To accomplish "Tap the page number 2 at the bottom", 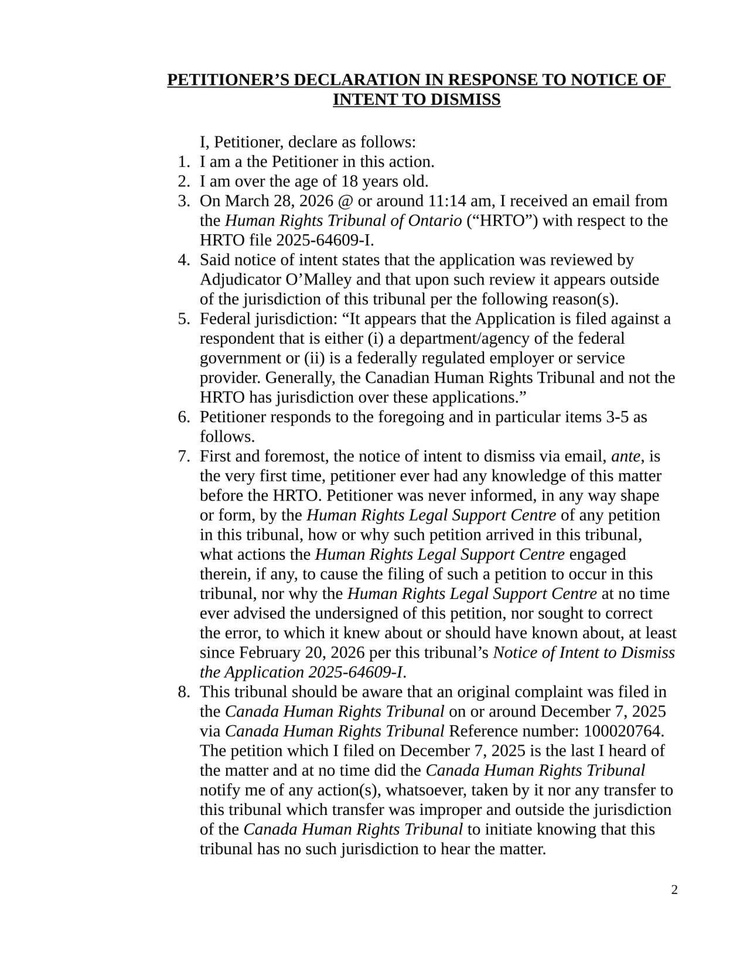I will (674, 890).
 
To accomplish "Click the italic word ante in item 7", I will (625, 456).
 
